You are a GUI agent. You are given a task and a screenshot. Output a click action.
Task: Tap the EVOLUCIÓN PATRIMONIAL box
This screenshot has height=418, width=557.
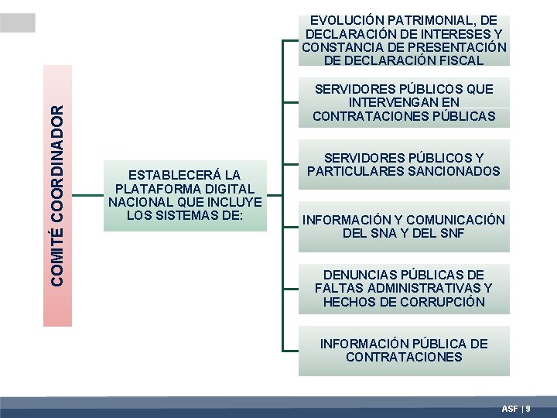pyautogui.click(x=404, y=40)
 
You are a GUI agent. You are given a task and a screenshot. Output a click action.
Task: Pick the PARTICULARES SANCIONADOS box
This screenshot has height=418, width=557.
pyautogui.click(x=404, y=164)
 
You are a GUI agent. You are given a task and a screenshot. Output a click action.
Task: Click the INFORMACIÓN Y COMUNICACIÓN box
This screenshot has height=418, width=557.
pyautogui.click(x=404, y=227)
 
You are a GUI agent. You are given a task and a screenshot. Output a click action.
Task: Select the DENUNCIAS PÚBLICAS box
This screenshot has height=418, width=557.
pyautogui.click(x=404, y=288)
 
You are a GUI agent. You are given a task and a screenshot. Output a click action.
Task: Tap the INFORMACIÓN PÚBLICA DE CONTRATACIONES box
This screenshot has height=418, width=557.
pyautogui.click(x=404, y=351)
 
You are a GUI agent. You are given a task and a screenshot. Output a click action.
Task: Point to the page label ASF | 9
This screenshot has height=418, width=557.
pyautogui.click(x=516, y=408)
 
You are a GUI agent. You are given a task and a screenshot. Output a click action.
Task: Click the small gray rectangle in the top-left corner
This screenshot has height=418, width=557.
pyautogui.click(x=17, y=22)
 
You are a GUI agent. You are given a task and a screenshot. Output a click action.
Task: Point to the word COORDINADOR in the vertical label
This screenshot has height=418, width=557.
pyautogui.click(x=57, y=167)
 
